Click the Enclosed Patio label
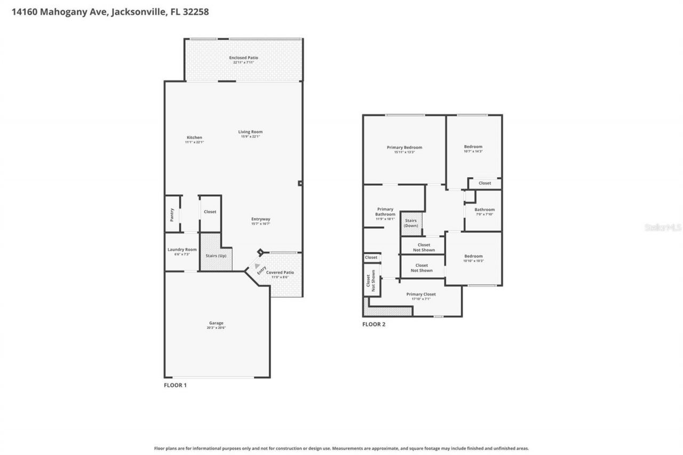[243, 58]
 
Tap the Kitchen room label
[194, 138]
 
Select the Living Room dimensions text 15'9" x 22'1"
[250, 137]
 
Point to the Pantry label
[172, 214]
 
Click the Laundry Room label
[182, 250]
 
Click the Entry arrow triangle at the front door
[258, 266]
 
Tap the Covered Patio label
[280, 273]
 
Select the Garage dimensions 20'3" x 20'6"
[216, 328]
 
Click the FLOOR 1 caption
[175, 385]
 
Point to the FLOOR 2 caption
[374, 324]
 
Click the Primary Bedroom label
[404, 148]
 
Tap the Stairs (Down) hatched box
[411, 223]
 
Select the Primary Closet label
[421, 294]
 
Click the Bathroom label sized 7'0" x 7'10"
[485, 210]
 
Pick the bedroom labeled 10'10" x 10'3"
[473, 256]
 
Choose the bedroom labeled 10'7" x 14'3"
[473, 147]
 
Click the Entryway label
[261, 219]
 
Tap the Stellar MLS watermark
[663, 227]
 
